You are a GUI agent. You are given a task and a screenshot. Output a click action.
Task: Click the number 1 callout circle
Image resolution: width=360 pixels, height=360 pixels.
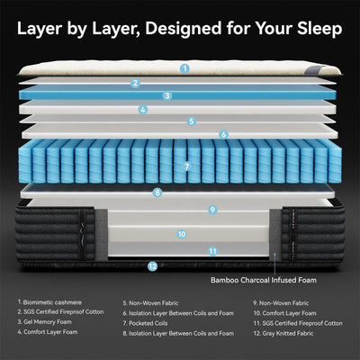184,67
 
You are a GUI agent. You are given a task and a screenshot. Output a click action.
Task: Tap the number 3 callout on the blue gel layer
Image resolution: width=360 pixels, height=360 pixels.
167,95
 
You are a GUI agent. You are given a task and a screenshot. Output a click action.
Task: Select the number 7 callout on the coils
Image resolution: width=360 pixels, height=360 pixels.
186,166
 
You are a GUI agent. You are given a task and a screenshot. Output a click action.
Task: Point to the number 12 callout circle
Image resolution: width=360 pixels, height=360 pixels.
152,266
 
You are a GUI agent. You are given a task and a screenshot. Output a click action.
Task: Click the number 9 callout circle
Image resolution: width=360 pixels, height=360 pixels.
212,210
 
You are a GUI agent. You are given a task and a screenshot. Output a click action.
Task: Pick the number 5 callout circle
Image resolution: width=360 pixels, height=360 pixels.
191,121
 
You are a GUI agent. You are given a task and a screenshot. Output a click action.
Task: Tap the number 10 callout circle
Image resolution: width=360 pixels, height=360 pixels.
182,233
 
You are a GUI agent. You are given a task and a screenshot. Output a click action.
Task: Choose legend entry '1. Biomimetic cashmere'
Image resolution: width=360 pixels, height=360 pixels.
50,303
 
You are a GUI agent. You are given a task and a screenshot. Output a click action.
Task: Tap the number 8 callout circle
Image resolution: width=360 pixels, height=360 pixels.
157,192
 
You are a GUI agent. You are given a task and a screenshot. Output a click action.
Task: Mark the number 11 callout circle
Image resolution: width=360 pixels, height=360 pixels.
212,251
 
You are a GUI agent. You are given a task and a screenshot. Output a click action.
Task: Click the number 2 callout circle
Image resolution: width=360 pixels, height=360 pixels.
135,83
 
